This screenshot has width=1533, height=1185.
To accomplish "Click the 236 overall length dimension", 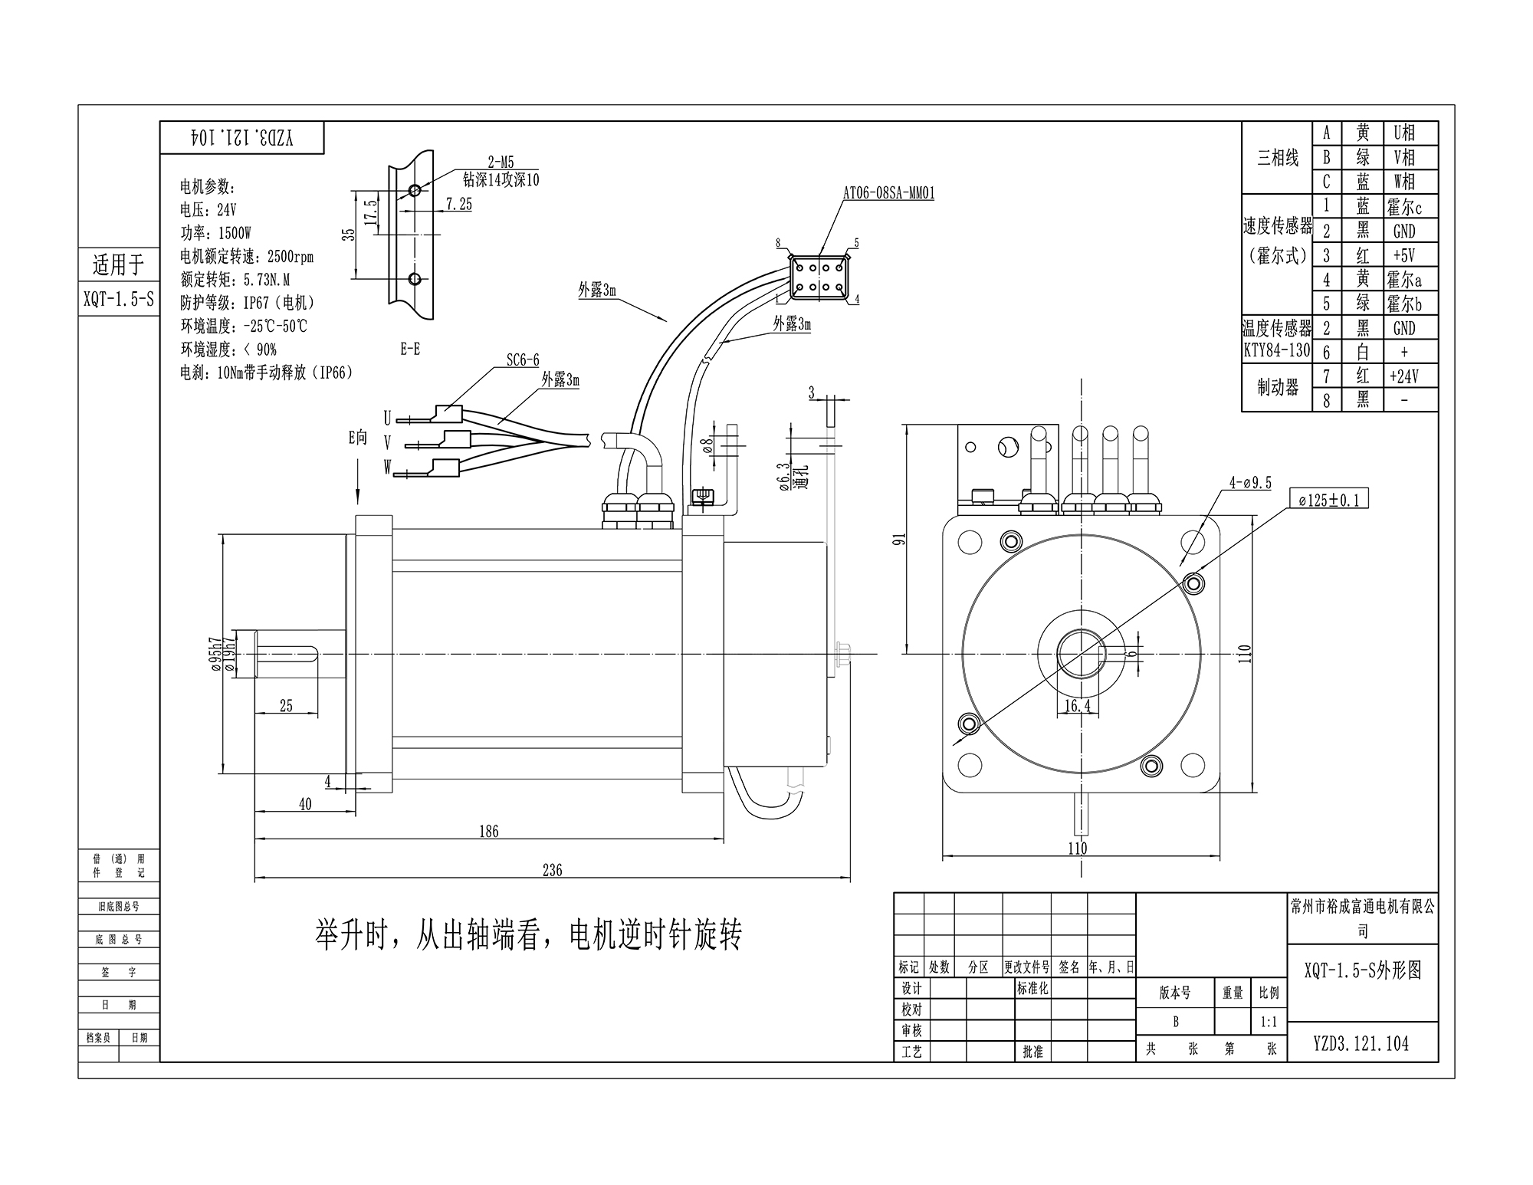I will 552,870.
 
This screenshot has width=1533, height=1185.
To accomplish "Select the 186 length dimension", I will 488,831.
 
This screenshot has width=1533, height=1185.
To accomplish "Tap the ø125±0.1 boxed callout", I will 1328,501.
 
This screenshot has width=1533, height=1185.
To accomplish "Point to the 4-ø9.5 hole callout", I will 1250,482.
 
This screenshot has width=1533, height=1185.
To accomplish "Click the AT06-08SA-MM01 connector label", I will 888,193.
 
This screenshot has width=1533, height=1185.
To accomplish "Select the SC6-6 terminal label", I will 522,360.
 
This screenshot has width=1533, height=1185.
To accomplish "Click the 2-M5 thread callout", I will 501,162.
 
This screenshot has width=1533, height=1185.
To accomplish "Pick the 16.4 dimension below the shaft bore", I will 1078,706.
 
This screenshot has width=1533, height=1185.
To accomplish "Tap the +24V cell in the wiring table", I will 1403,376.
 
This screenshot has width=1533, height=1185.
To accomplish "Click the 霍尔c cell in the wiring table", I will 1403,207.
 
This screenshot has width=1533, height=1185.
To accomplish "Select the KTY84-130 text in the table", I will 1276,351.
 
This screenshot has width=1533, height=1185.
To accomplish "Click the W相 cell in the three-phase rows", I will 1403,182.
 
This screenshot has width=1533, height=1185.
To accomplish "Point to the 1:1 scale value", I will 1269,1022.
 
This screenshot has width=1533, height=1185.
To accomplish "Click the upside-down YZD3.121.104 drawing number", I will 242,139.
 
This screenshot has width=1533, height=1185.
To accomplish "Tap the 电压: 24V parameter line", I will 208,210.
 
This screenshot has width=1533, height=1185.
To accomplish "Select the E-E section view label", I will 410,350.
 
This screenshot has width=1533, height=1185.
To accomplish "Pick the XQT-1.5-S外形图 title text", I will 1362,970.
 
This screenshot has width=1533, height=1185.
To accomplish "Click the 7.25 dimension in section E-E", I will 458,205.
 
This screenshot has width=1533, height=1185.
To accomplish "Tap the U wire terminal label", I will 387,418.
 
